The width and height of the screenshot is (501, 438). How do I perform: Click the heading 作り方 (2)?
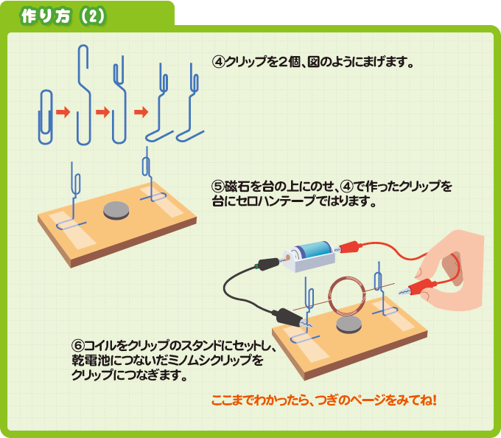coord(63,16)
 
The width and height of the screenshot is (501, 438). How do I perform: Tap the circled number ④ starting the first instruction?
coord(219,61)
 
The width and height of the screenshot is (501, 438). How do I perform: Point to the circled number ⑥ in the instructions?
coord(78,345)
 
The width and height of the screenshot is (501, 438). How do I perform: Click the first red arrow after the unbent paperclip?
coord(63,112)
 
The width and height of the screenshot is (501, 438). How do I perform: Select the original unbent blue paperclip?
coord(46,117)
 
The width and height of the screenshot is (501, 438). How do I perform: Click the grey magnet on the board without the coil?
coord(116,210)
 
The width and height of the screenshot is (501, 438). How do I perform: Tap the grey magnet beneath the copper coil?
coord(349,325)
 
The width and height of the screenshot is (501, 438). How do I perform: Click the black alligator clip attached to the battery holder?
coord(268,264)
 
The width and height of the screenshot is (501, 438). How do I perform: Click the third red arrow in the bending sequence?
coord(141,112)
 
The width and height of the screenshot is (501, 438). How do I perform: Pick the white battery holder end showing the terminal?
coord(292,260)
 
